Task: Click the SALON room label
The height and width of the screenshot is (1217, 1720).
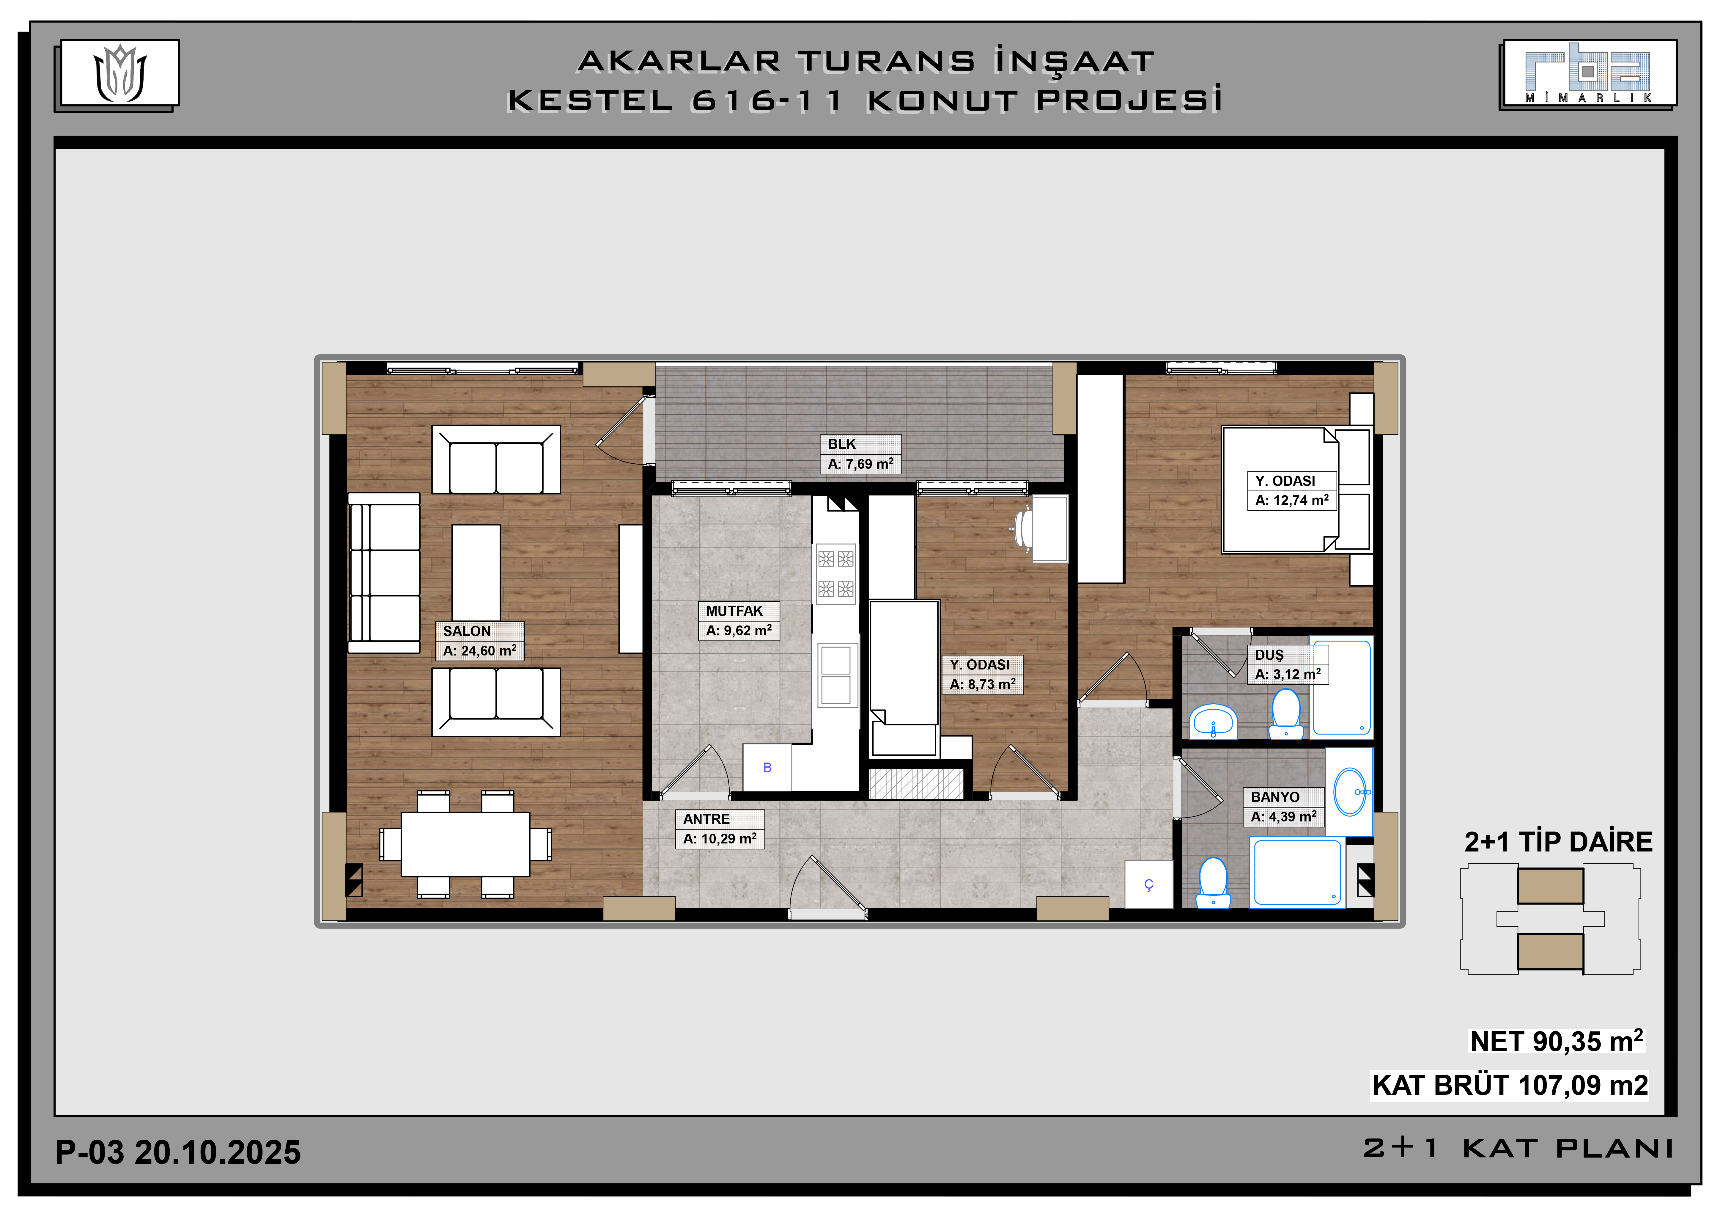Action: click(x=467, y=631)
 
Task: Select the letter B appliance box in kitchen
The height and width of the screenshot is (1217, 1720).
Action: click(x=767, y=767)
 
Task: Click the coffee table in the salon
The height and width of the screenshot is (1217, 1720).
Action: click(x=476, y=573)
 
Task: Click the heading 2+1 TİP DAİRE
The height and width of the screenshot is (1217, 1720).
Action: click(x=1558, y=842)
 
